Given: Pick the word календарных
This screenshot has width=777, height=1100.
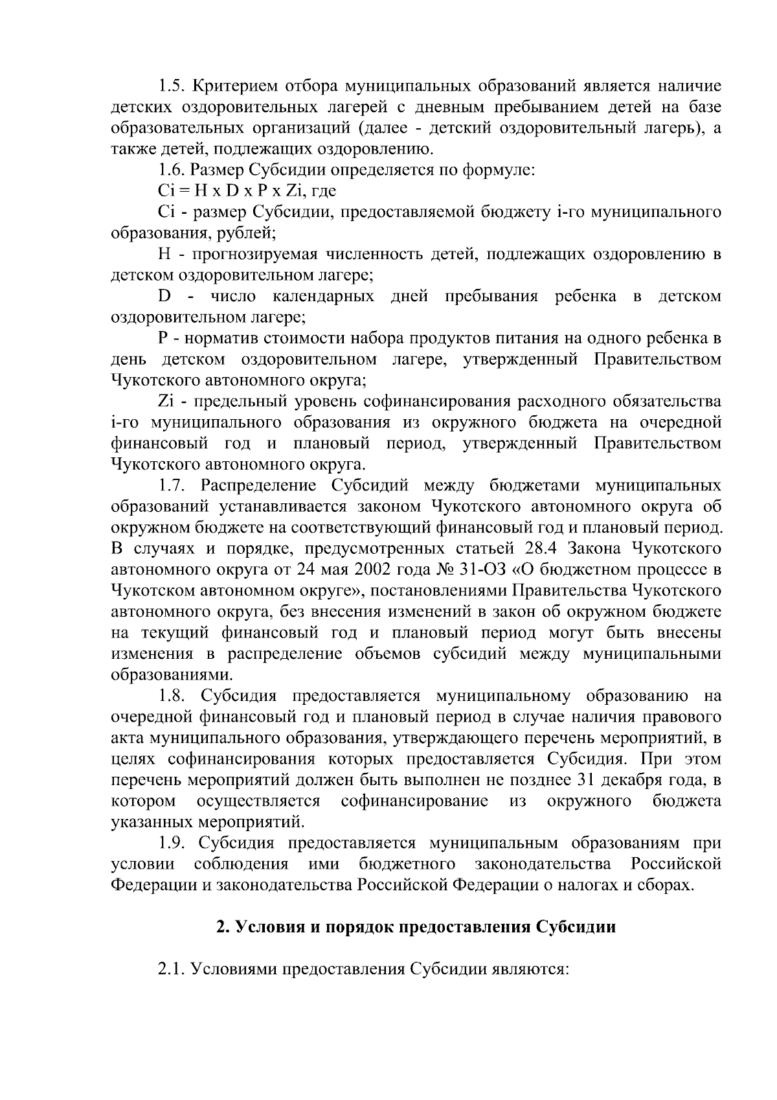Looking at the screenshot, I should click(x=323, y=296).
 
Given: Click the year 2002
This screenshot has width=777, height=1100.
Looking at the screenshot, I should click(x=360, y=570).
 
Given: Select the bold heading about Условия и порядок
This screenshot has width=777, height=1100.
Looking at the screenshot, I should click(x=416, y=927).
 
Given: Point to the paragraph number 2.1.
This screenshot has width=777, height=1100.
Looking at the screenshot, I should click(x=172, y=969).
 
